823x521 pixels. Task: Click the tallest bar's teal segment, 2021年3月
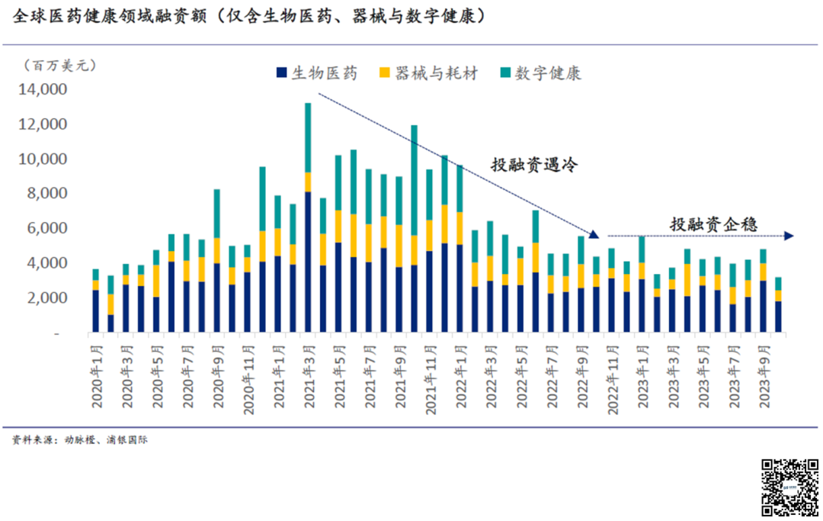tap(308, 137)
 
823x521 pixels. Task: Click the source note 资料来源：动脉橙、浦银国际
tap(79, 440)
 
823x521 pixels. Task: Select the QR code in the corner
tap(789, 487)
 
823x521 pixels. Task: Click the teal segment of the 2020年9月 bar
tap(217, 213)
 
